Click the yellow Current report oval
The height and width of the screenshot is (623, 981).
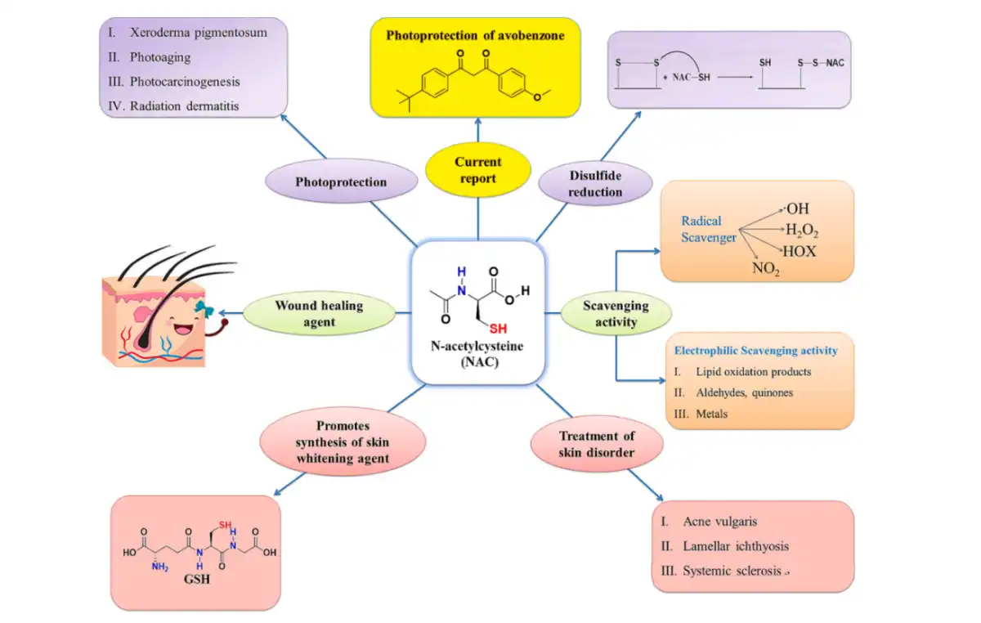coord(477,170)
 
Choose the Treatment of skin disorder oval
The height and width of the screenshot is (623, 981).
coord(596,445)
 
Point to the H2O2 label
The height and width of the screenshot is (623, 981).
coord(800,231)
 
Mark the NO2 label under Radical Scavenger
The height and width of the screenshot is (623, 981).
coord(766,267)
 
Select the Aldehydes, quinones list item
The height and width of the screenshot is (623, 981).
coord(744,392)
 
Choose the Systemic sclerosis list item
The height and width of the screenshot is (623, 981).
coord(732,571)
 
